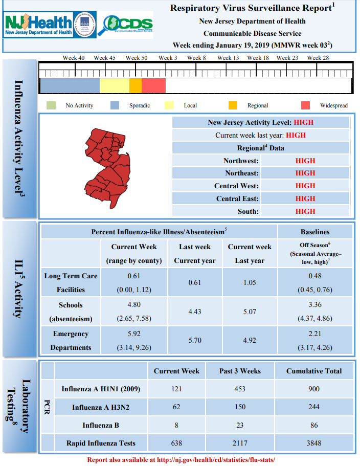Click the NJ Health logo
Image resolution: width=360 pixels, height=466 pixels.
pyautogui.click(x=50, y=25)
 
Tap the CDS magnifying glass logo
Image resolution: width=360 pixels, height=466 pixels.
pyautogui.click(x=125, y=25)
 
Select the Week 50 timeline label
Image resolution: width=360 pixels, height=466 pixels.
pyautogui.click(x=137, y=58)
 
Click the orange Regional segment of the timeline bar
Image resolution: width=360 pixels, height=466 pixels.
pyautogui.click(x=136, y=85)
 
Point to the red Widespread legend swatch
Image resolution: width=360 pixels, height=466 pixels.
pyautogui.click(x=305, y=105)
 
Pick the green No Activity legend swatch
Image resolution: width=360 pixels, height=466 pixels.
pyautogui.click(x=51, y=105)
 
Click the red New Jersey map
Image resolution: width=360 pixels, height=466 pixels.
pyautogui.click(x=108, y=168)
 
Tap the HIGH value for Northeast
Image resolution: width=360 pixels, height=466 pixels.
pyautogui.click(x=305, y=173)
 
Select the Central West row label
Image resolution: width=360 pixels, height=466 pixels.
pyautogui.click(x=236, y=186)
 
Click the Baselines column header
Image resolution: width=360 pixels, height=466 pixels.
pyautogui.click(x=315, y=232)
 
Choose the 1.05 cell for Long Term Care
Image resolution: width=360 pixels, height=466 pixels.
pyautogui.click(x=250, y=282)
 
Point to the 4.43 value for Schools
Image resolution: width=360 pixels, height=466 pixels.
pyautogui.click(x=194, y=312)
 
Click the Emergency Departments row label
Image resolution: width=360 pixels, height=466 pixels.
pyautogui.click(x=71, y=341)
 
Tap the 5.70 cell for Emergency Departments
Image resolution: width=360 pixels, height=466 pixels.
pyautogui.click(x=194, y=340)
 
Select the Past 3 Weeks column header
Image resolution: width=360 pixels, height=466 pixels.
pyautogui.click(x=240, y=371)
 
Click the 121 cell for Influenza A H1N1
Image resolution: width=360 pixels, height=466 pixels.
pyautogui.click(x=176, y=389)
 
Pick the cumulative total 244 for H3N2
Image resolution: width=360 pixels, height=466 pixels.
pyautogui.click(x=314, y=407)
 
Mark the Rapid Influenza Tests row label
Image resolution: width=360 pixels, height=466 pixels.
pyautogui.click(x=101, y=443)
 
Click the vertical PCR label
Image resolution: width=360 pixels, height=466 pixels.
pyautogui.click(x=47, y=407)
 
